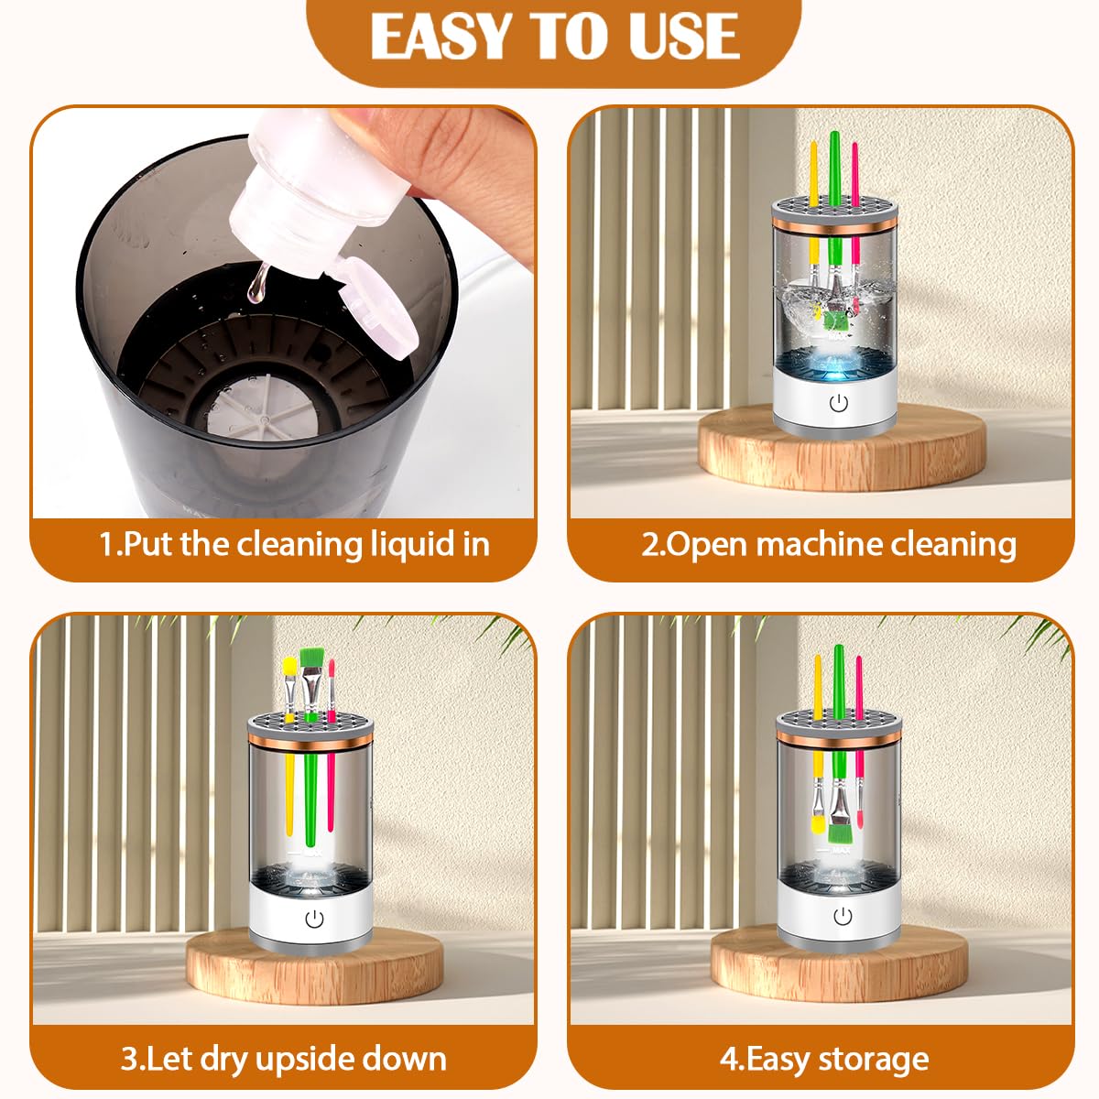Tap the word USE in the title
(x=679, y=38)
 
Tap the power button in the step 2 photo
(x=838, y=402)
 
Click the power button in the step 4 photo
(x=843, y=916)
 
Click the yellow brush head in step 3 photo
(x=289, y=665)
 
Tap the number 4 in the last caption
(x=728, y=1059)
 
